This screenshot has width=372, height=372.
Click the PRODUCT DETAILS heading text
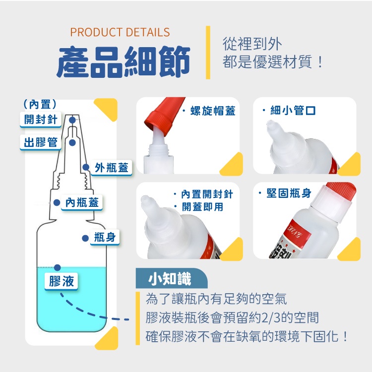click(x=120, y=33)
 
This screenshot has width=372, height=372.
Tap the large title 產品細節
click(x=124, y=62)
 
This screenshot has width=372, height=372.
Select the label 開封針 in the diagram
click(x=42, y=119)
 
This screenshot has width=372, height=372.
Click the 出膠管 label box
click(x=41, y=142)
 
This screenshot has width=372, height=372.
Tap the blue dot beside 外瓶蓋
click(x=85, y=168)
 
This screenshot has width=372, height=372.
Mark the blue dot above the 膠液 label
click(x=58, y=267)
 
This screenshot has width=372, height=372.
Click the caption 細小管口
click(x=293, y=110)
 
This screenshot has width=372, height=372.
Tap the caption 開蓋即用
click(x=202, y=207)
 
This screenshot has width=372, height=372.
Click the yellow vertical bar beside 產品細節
click(x=208, y=52)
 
